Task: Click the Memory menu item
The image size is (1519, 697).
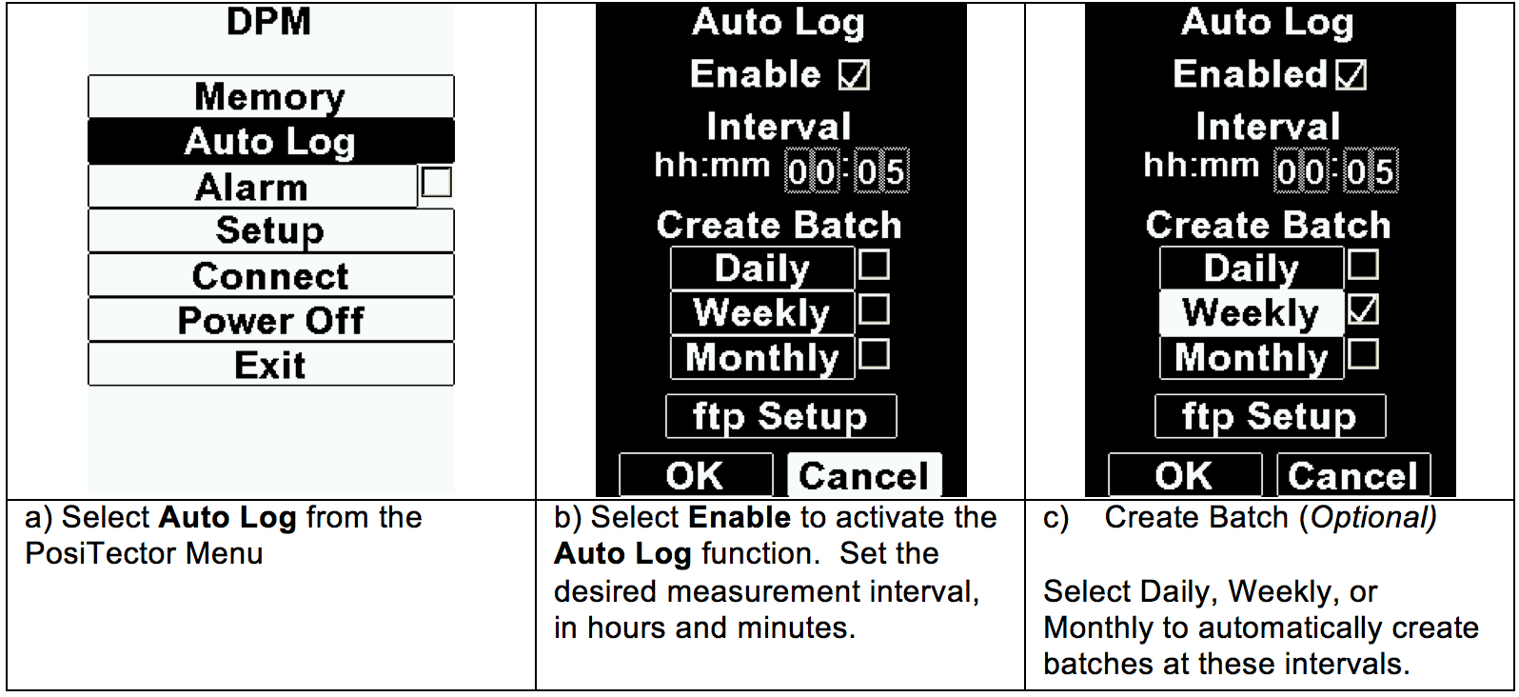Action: coord(270,96)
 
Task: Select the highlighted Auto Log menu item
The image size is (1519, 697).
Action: coord(270,141)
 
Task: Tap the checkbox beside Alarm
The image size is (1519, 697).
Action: coord(436,183)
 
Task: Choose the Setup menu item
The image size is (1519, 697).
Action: coord(270,230)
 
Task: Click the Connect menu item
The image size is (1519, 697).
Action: coord(270,275)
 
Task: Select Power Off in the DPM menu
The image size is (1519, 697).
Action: coord(270,320)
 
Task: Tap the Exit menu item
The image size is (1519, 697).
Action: coord(270,365)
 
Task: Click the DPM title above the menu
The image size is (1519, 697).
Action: coord(268,22)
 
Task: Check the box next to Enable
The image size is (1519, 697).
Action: coord(854,74)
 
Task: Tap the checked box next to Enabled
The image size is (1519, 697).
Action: coord(1351,74)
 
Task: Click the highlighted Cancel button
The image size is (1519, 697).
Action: coord(864,475)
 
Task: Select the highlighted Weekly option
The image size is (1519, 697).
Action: coord(1252,313)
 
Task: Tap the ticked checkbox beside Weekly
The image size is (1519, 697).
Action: coord(1363,310)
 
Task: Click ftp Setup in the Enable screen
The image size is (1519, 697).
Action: coord(781,416)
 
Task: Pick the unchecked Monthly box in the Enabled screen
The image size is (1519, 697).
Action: coord(1363,354)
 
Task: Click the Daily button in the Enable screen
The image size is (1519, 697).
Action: coord(762,269)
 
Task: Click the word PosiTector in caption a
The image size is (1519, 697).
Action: coord(100,554)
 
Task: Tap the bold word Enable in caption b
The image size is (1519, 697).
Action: coord(740,518)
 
